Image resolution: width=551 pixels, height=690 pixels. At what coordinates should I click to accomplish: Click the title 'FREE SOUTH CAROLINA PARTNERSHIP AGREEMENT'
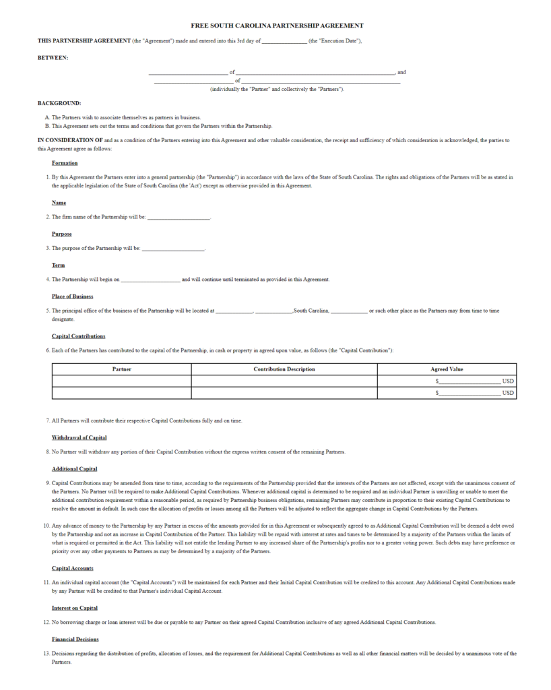pyautogui.click(x=277, y=26)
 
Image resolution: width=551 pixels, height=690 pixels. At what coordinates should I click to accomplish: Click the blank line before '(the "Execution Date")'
pyautogui.click(x=284, y=41)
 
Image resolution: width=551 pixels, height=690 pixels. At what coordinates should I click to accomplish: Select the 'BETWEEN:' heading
pyautogui.click(x=53, y=57)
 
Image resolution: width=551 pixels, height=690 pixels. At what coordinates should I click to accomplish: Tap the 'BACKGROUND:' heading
pyautogui.click(x=59, y=103)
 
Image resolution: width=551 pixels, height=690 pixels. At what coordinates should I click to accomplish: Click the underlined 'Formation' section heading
pyautogui.click(x=65, y=163)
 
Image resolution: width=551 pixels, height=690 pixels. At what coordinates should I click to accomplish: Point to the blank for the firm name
pyautogui.click(x=179, y=217)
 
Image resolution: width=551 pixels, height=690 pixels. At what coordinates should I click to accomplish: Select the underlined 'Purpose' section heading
pyautogui.click(x=62, y=234)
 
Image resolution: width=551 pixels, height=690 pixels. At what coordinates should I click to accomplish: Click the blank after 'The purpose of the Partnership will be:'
pyautogui.click(x=173, y=249)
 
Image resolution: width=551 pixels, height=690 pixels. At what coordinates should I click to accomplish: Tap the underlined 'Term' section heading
pyautogui.click(x=59, y=265)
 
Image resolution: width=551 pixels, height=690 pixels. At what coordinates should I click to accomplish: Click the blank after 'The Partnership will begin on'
pyautogui.click(x=150, y=280)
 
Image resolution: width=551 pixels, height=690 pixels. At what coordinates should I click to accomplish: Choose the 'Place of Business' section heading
pyautogui.click(x=73, y=296)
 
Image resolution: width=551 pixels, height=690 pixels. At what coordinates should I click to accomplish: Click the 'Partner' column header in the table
pyautogui.click(x=122, y=369)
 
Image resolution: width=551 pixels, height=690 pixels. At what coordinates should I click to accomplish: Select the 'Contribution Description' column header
pyautogui.click(x=284, y=369)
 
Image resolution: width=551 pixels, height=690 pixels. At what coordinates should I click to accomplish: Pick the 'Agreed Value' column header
pyautogui.click(x=447, y=369)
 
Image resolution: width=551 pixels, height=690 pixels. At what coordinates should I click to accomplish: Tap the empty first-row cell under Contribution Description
pyautogui.click(x=284, y=381)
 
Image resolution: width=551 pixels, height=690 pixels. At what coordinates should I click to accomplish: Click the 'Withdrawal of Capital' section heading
pyautogui.click(x=79, y=438)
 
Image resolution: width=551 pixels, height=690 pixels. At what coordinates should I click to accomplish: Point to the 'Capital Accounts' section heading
pyautogui.click(x=73, y=568)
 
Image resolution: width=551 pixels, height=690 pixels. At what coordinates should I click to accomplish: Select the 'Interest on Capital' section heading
pyautogui.click(x=75, y=608)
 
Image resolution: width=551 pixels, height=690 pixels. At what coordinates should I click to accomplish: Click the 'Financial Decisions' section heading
pyautogui.click(x=75, y=639)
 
